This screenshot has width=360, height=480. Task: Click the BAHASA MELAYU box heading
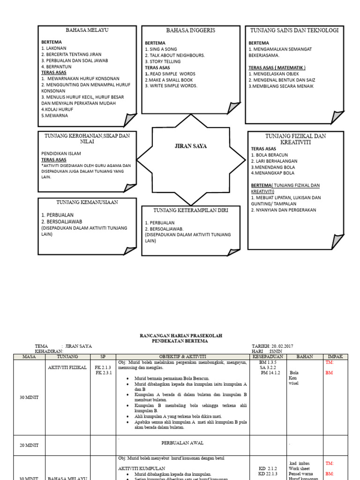[87, 30]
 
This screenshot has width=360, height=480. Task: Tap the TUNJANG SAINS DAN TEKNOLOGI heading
[294, 30]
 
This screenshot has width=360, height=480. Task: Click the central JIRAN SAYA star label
[190, 146]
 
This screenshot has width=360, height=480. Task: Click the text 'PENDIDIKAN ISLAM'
[61, 153]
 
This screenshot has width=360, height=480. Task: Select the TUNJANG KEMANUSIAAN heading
[87, 202]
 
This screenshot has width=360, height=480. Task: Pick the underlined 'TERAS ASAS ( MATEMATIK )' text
[277, 67]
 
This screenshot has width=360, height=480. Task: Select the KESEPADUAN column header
[268, 357]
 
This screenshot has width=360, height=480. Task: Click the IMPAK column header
[335, 357]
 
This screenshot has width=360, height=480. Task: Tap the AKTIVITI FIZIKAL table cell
[67, 367]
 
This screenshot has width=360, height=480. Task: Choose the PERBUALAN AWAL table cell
[182, 442]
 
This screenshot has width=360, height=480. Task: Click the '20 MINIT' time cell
[28, 445]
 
